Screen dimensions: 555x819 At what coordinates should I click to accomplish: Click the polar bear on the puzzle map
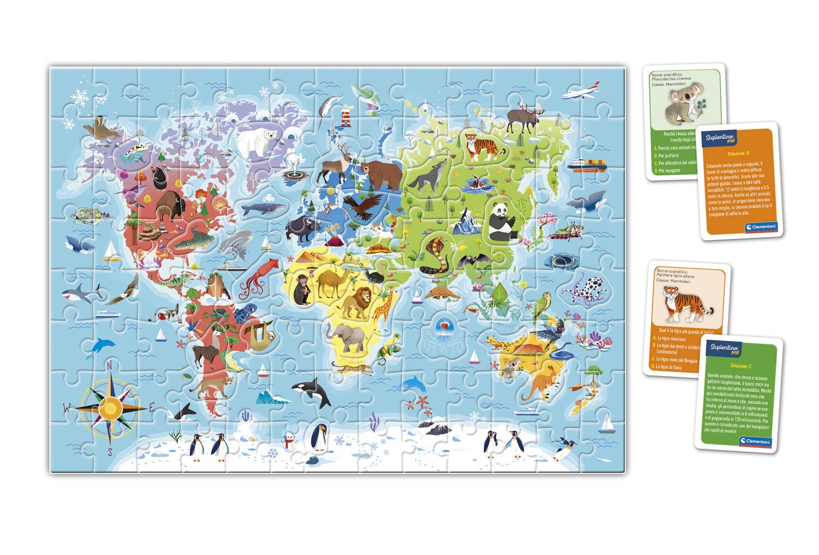click(256, 141)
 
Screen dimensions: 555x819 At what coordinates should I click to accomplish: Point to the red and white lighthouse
click(346, 116)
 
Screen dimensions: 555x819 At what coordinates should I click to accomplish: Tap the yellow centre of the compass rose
click(110, 407)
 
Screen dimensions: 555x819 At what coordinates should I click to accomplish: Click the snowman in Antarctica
click(289, 440)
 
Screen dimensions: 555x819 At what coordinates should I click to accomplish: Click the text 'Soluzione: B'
click(738, 153)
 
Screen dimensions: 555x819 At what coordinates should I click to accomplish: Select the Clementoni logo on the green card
click(756, 441)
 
